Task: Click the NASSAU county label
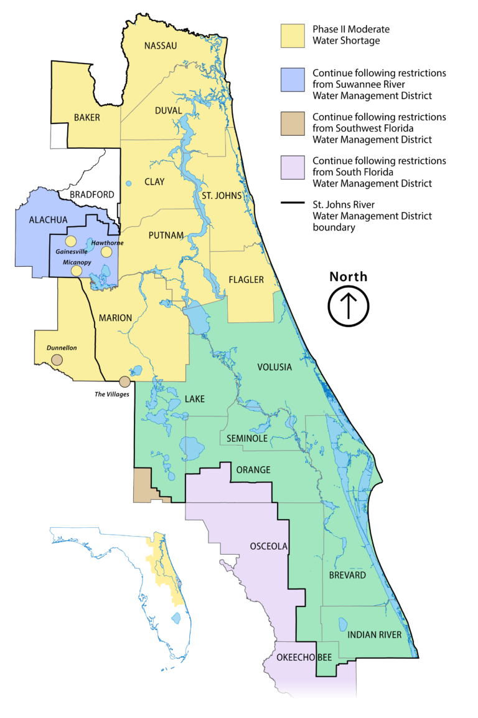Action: pos(161,45)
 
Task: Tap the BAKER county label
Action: pos(87,117)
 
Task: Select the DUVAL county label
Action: pos(168,110)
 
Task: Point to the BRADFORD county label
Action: pos(92,194)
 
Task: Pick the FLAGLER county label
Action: pos(246,279)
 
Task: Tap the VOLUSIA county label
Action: pos(274,367)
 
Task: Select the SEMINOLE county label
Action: pos(247,438)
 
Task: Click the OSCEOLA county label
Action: pos(268,547)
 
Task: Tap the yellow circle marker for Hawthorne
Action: pos(106,252)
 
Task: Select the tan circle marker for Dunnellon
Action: pos(57,360)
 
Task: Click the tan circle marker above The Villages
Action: pos(124,381)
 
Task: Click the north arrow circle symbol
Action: pos(349,306)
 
